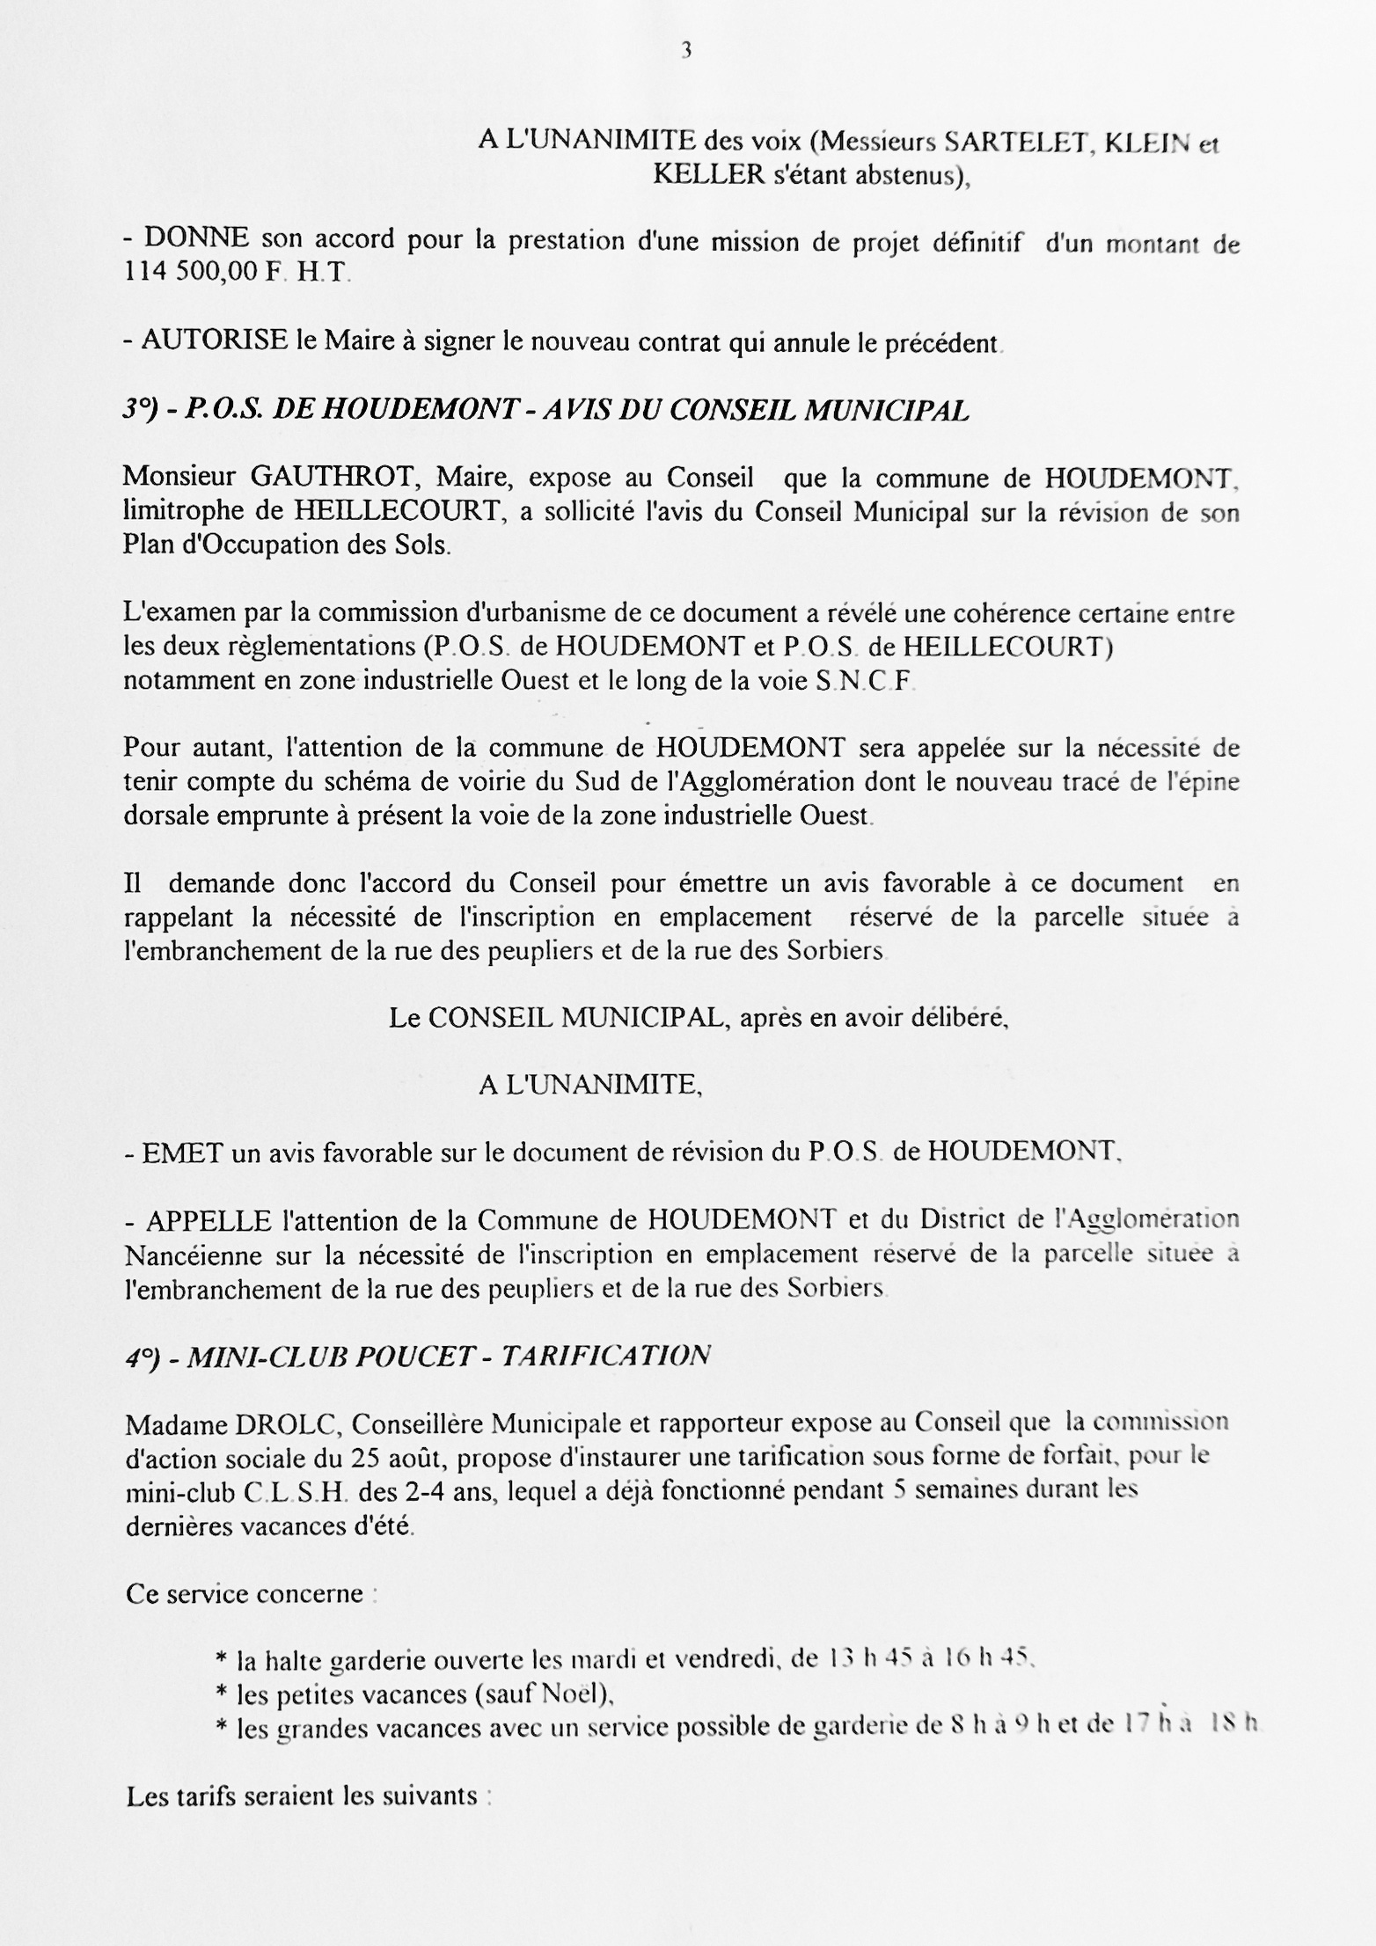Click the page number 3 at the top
[686, 51]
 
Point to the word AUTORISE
[215, 340]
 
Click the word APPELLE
[208, 1221]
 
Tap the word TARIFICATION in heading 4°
[605, 1357]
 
